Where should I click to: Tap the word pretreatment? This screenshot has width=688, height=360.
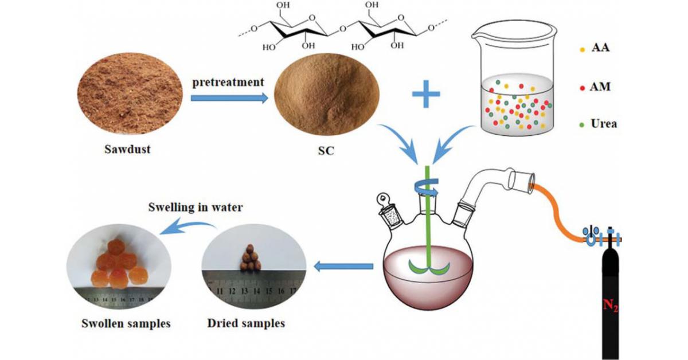228,81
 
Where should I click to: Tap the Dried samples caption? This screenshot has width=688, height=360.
245,323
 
